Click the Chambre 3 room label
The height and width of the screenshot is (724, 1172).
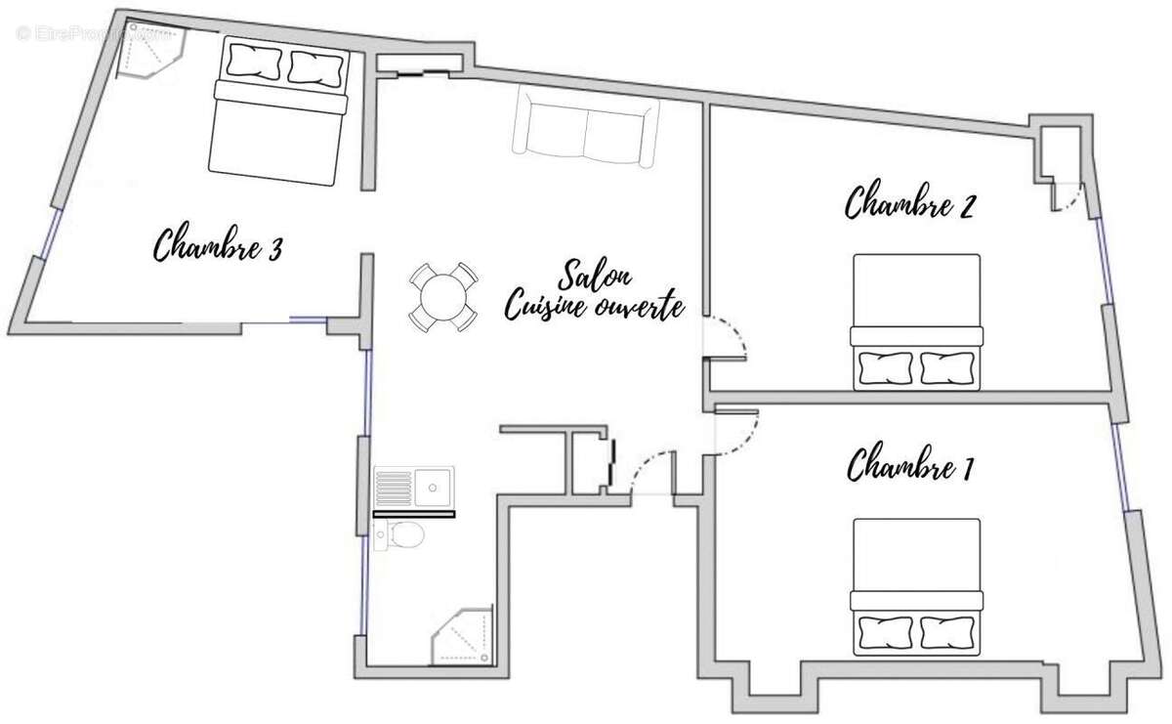click(219, 245)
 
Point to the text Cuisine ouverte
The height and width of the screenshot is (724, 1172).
click(593, 307)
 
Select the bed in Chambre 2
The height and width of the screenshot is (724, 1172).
click(915, 321)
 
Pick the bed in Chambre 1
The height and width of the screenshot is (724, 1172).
click(915, 585)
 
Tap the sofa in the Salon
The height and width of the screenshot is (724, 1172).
click(585, 126)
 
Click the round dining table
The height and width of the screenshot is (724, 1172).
click(442, 297)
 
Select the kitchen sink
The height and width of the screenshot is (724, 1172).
click(414, 487)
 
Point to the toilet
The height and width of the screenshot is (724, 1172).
click(400, 533)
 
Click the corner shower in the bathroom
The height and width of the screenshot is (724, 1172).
click(467, 639)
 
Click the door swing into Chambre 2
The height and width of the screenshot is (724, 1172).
click(728, 337)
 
